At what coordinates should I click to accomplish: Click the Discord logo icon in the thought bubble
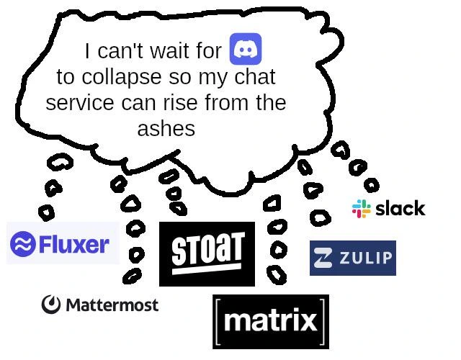pyautogui.click(x=245, y=49)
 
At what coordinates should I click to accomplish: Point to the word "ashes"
pyautogui.click(x=166, y=129)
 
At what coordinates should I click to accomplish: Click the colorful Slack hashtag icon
pyautogui.click(x=361, y=209)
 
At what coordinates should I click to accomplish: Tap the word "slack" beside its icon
pyautogui.click(x=400, y=209)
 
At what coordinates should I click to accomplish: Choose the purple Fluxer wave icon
pyautogui.click(x=23, y=244)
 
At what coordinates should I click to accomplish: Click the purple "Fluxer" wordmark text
pyautogui.click(x=74, y=244)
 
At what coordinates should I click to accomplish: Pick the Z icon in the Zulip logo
pyautogui.click(x=326, y=258)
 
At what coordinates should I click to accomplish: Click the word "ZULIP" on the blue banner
pyautogui.click(x=366, y=258)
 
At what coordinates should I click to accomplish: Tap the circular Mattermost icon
pyautogui.click(x=51, y=305)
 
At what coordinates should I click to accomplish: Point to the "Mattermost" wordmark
pyautogui.click(x=112, y=305)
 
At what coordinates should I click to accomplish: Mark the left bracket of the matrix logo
pyautogui.click(x=218, y=321)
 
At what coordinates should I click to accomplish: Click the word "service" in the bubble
pyautogui.click(x=80, y=103)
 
